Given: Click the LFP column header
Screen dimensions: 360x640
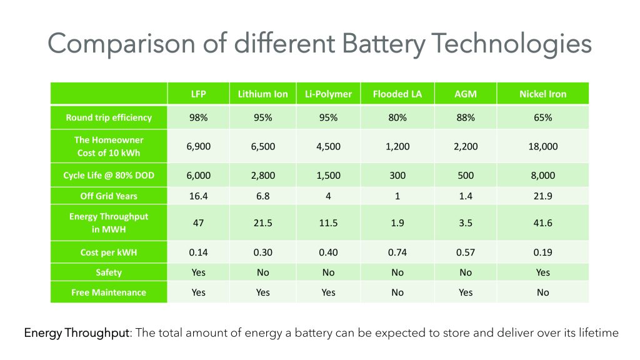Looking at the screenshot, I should click(x=198, y=94).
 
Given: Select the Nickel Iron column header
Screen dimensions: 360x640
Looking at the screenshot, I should click(x=542, y=94).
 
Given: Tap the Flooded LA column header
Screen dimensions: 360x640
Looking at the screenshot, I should click(x=397, y=94).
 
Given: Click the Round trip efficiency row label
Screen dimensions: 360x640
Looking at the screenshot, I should click(x=109, y=117).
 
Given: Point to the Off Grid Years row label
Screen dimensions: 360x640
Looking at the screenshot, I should click(x=109, y=196).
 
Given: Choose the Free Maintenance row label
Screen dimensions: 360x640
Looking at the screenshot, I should click(x=109, y=292).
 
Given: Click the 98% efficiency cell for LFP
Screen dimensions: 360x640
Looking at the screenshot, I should click(x=198, y=117).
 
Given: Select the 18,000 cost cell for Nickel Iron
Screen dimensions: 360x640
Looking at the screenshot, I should click(x=542, y=146).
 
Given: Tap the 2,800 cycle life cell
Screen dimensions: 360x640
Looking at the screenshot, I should click(x=262, y=176).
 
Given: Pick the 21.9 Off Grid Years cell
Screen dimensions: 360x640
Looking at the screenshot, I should click(x=542, y=196).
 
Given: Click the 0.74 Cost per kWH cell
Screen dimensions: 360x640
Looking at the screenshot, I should click(x=397, y=252).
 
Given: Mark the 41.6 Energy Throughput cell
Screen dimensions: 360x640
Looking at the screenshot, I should click(x=542, y=222).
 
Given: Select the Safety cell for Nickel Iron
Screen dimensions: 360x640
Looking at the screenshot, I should click(x=542, y=272).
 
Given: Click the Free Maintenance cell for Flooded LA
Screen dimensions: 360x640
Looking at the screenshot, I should click(x=397, y=292).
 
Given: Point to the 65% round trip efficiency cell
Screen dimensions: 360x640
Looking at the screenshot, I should click(x=542, y=117).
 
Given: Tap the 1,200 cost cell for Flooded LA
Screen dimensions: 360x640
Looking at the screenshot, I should click(x=397, y=146).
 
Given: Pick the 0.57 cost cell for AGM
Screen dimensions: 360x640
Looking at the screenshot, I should click(x=465, y=252).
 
